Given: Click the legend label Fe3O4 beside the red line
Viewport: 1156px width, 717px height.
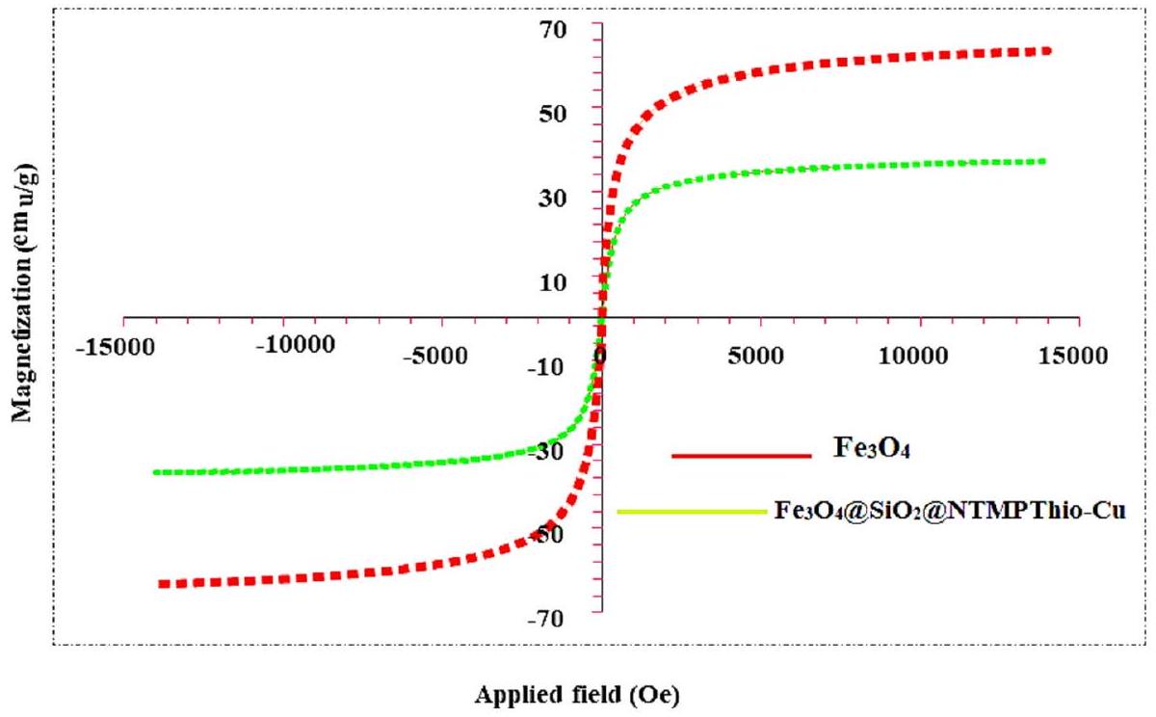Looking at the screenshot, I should pyautogui.click(x=864, y=449).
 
